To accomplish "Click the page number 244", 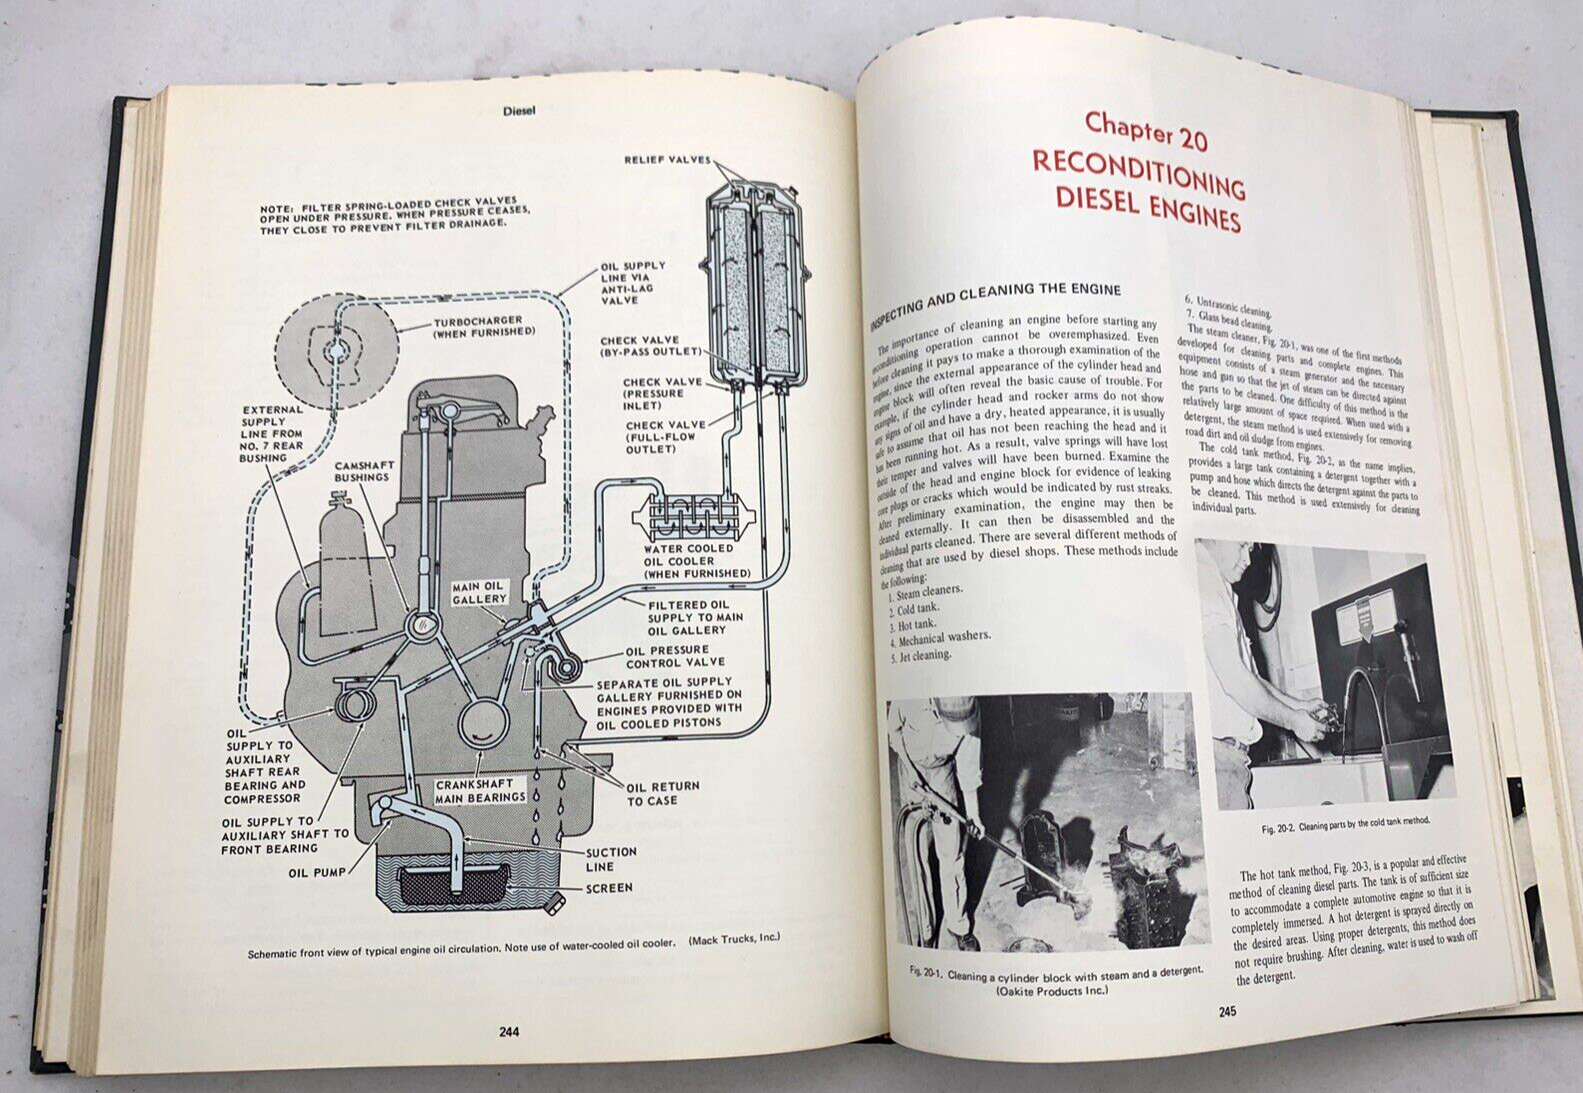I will tap(508, 1033).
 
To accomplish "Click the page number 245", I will tap(1227, 1011).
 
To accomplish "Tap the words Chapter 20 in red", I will tap(1146, 130).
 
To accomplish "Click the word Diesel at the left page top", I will tap(519, 111).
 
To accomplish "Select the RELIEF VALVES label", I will tap(667, 160).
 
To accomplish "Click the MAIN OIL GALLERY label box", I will tap(479, 593).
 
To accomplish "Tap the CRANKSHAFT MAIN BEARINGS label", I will tap(480, 791).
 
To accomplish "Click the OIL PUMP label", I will tap(317, 872).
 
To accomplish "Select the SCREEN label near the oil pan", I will tap(609, 887).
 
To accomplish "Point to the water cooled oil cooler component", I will tap(690, 517).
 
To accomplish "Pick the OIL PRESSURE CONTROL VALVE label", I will tap(675, 656).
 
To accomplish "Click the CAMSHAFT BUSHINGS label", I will tap(362, 471).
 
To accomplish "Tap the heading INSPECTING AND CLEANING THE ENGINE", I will tap(995, 299).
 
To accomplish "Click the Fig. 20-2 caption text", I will tap(1345, 825).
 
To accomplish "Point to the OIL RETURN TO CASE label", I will tap(663, 793).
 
